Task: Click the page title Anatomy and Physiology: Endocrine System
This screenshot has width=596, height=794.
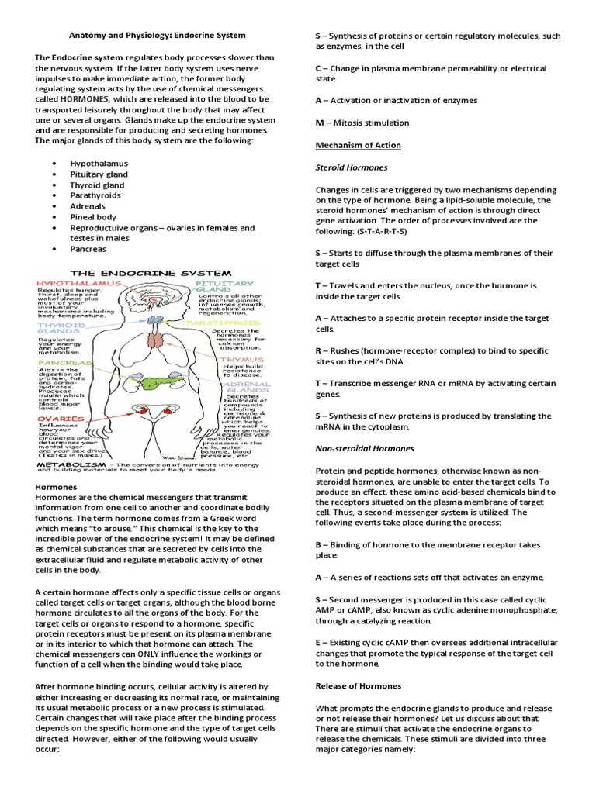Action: (x=158, y=35)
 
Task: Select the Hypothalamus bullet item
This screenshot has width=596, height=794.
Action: (x=99, y=164)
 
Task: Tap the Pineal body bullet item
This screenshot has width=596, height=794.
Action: (x=93, y=217)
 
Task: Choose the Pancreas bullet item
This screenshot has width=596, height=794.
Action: (x=88, y=249)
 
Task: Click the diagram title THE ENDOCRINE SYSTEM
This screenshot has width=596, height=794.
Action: (x=151, y=273)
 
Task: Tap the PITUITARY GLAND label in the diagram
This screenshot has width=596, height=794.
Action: (x=230, y=288)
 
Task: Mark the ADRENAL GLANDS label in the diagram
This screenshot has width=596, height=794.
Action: (x=248, y=387)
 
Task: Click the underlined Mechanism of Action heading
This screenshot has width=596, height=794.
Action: (x=348, y=145)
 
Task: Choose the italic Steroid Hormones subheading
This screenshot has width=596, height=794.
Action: (x=351, y=167)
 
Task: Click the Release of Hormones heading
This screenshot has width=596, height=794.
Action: (x=358, y=685)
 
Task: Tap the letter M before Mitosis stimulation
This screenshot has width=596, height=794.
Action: (x=319, y=123)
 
